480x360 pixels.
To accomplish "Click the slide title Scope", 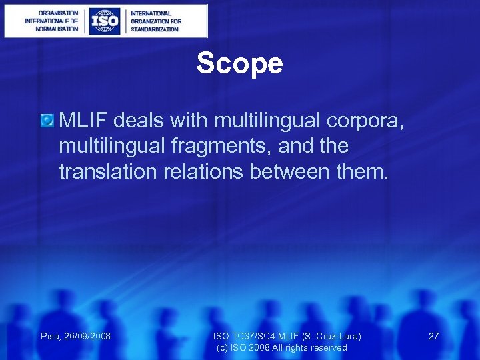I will [x=239, y=64].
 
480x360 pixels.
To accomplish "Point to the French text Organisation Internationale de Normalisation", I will [x=51, y=21].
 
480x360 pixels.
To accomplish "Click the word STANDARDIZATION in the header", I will [x=155, y=29].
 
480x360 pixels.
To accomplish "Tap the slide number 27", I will [x=433, y=336].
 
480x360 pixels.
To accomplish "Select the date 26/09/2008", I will [x=87, y=336].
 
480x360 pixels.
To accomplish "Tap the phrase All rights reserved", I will [x=312, y=347].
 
